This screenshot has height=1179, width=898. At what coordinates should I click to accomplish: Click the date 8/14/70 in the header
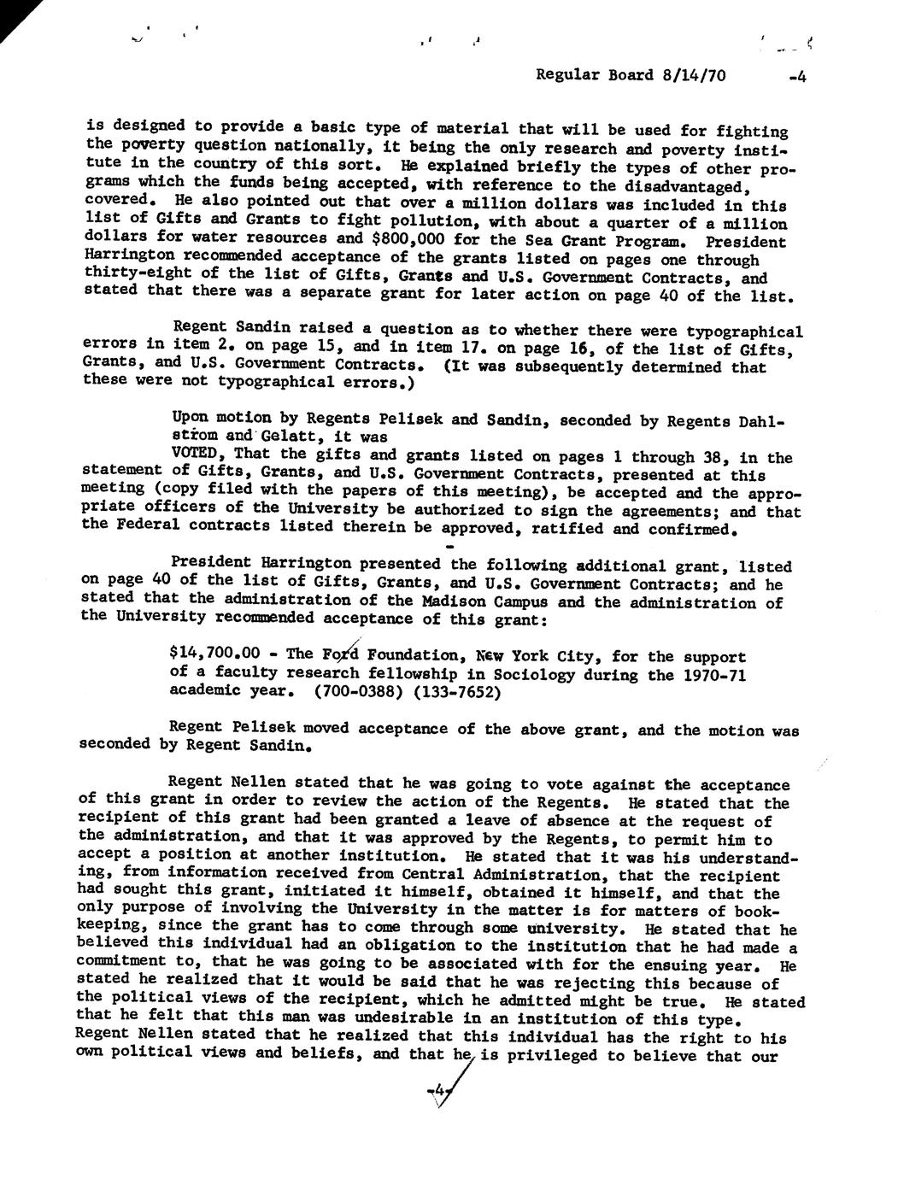pyautogui.click(x=694, y=75)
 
